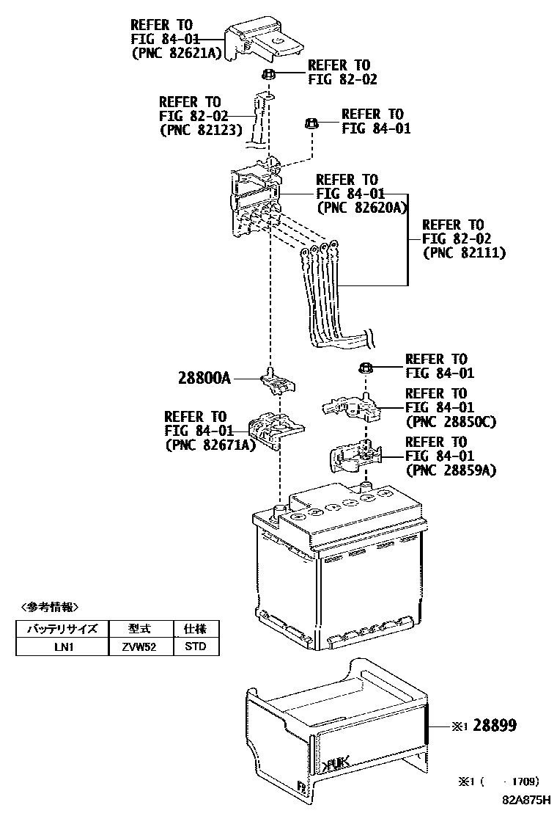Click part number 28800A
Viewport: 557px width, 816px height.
pyautogui.click(x=204, y=379)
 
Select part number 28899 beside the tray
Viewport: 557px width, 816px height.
pyautogui.click(x=495, y=726)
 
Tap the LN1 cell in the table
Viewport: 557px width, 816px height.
pyautogui.click(x=62, y=646)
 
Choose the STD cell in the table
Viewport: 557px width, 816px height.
pyautogui.click(x=195, y=646)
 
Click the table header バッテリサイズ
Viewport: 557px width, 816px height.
pyautogui.click(x=62, y=629)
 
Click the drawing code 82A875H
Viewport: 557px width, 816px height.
pyautogui.click(x=525, y=802)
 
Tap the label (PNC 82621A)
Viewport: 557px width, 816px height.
pyautogui.click(x=175, y=53)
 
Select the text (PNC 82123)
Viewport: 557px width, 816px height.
pyautogui.click(x=194, y=129)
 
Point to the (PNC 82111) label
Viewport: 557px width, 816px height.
pyautogui.click(x=465, y=252)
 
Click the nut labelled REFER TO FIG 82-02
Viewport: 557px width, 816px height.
pyautogui.click(x=268, y=74)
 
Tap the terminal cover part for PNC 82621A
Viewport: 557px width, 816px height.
pyautogui.click(x=264, y=40)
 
